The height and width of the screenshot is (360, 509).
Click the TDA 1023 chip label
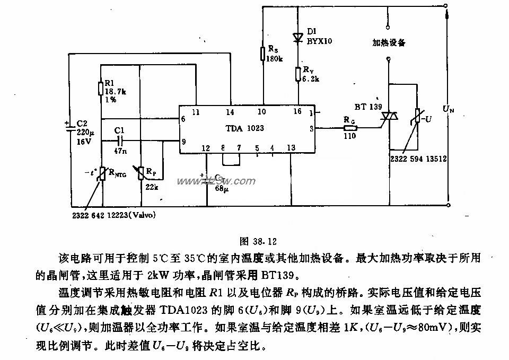[244, 128]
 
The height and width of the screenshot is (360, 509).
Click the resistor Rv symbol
[298, 74]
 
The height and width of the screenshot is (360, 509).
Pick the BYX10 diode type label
[320, 40]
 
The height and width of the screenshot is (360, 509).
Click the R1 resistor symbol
[101, 88]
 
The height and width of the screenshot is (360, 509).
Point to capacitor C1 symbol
[120, 141]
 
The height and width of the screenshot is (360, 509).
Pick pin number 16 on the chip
[297, 111]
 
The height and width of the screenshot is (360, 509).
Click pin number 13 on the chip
[291, 147]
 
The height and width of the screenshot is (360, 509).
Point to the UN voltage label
[449, 110]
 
